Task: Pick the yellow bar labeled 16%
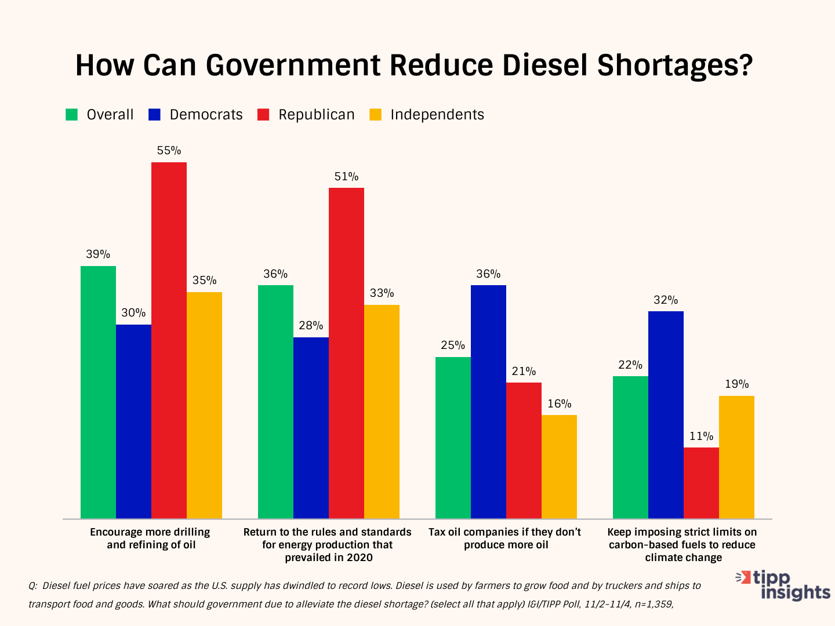[x=559, y=467]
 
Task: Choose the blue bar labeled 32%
[x=666, y=415]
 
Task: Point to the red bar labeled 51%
[x=346, y=353]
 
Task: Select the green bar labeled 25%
[x=453, y=438]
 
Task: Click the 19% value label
[x=736, y=384]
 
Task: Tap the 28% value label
[x=311, y=326]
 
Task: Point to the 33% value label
[x=382, y=293]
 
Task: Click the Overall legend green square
[x=72, y=115]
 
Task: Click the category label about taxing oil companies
[x=505, y=538]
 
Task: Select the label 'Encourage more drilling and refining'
[x=150, y=538]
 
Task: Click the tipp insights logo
[x=783, y=585]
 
